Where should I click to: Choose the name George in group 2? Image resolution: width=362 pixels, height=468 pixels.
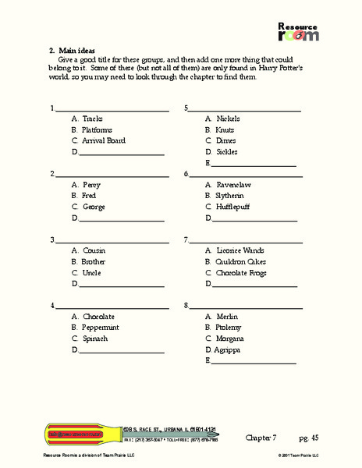coord(94,207)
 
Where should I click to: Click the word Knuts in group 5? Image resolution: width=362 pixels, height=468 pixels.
coord(225,129)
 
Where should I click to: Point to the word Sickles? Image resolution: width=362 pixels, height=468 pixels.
coord(227,151)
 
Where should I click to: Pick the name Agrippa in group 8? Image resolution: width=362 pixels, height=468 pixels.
coord(226,350)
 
